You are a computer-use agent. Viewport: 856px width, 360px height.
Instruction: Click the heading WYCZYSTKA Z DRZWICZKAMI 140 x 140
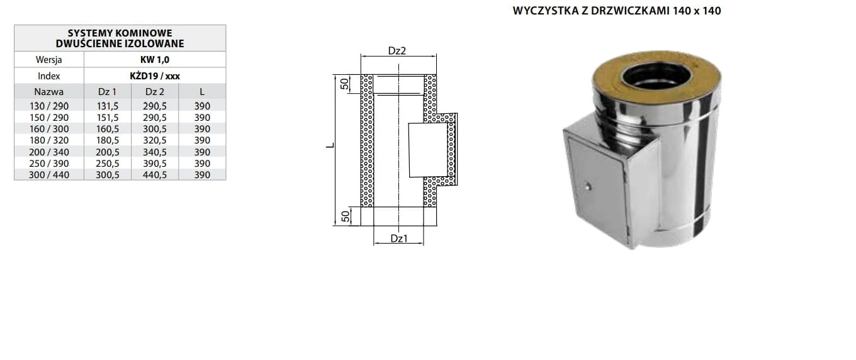point(617,11)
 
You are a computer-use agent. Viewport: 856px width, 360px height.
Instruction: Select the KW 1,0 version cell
point(155,60)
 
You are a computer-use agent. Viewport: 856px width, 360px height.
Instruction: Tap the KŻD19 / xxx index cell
point(155,76)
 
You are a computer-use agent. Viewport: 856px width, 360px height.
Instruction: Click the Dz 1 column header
point(108,92)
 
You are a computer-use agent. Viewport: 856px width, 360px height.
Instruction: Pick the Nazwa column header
point(49,92)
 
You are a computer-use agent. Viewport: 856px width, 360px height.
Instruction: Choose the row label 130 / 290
point(49,106)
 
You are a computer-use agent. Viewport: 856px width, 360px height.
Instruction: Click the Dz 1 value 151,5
point(108,117)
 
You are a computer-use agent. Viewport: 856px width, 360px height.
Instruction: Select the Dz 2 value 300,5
point(155,129)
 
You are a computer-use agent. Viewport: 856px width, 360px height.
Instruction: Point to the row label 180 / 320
point(49,140)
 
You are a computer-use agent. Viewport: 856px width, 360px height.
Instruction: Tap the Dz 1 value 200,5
point(108,152)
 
